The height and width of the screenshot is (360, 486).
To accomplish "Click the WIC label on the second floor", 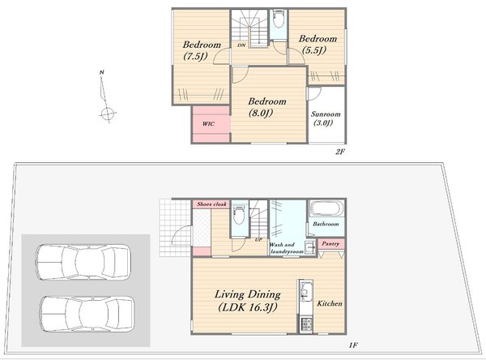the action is click(x=208, y=124).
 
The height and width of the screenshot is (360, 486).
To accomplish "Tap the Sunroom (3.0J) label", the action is click(x=326, y=118).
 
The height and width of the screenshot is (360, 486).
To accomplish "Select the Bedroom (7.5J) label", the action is click(x=202, y=50).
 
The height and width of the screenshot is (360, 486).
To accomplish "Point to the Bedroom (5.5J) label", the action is click(x=318, y=45).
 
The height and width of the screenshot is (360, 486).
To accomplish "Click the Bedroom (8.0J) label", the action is click(x=266, y=107).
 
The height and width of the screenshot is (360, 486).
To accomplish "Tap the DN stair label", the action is click(x=241, y=45).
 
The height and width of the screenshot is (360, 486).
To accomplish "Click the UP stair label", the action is click(x=258, y=239).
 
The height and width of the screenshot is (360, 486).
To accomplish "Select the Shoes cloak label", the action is click(x=211, y=204).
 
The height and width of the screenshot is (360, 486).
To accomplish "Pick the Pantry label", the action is click(x=330, y=243).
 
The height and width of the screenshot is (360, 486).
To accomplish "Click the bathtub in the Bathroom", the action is click(x=327, y=208).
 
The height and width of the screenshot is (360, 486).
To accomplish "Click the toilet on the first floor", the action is click(x=239, y=214).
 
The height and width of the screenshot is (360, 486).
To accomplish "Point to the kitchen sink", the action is click(x=305, y=291).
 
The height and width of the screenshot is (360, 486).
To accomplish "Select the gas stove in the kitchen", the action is click(x=305, y=324).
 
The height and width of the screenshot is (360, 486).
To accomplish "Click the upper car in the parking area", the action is click(x=83, y=263).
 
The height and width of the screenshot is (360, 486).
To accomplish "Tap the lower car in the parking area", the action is click(x=87, y=314).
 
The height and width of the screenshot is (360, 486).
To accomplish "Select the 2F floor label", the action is click(x=340, y=152).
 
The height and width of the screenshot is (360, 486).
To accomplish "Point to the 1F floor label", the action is click(x=353, y=345).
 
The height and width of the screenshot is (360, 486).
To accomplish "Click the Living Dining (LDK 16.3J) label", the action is click(x=248, y=301).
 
